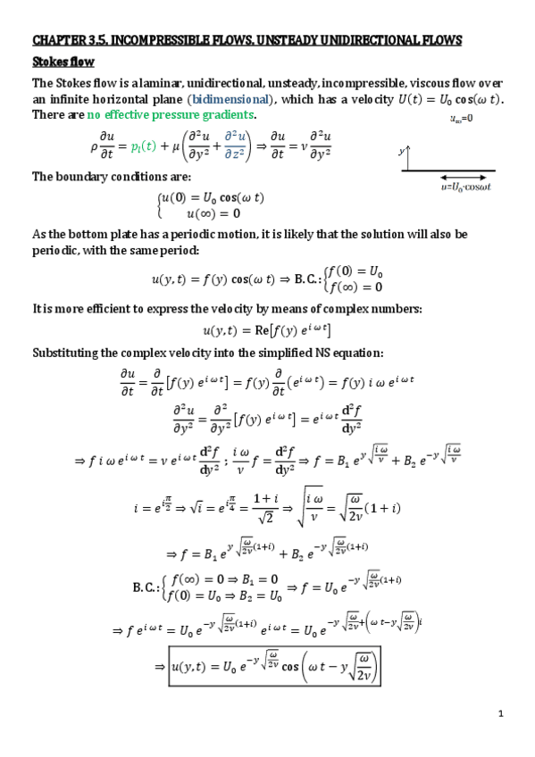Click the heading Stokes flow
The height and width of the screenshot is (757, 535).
point(63,62)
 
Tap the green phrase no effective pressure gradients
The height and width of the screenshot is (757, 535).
point(171,115)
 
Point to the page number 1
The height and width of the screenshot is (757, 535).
point(502,714)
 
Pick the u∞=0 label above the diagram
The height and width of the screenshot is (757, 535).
point(461,119)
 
